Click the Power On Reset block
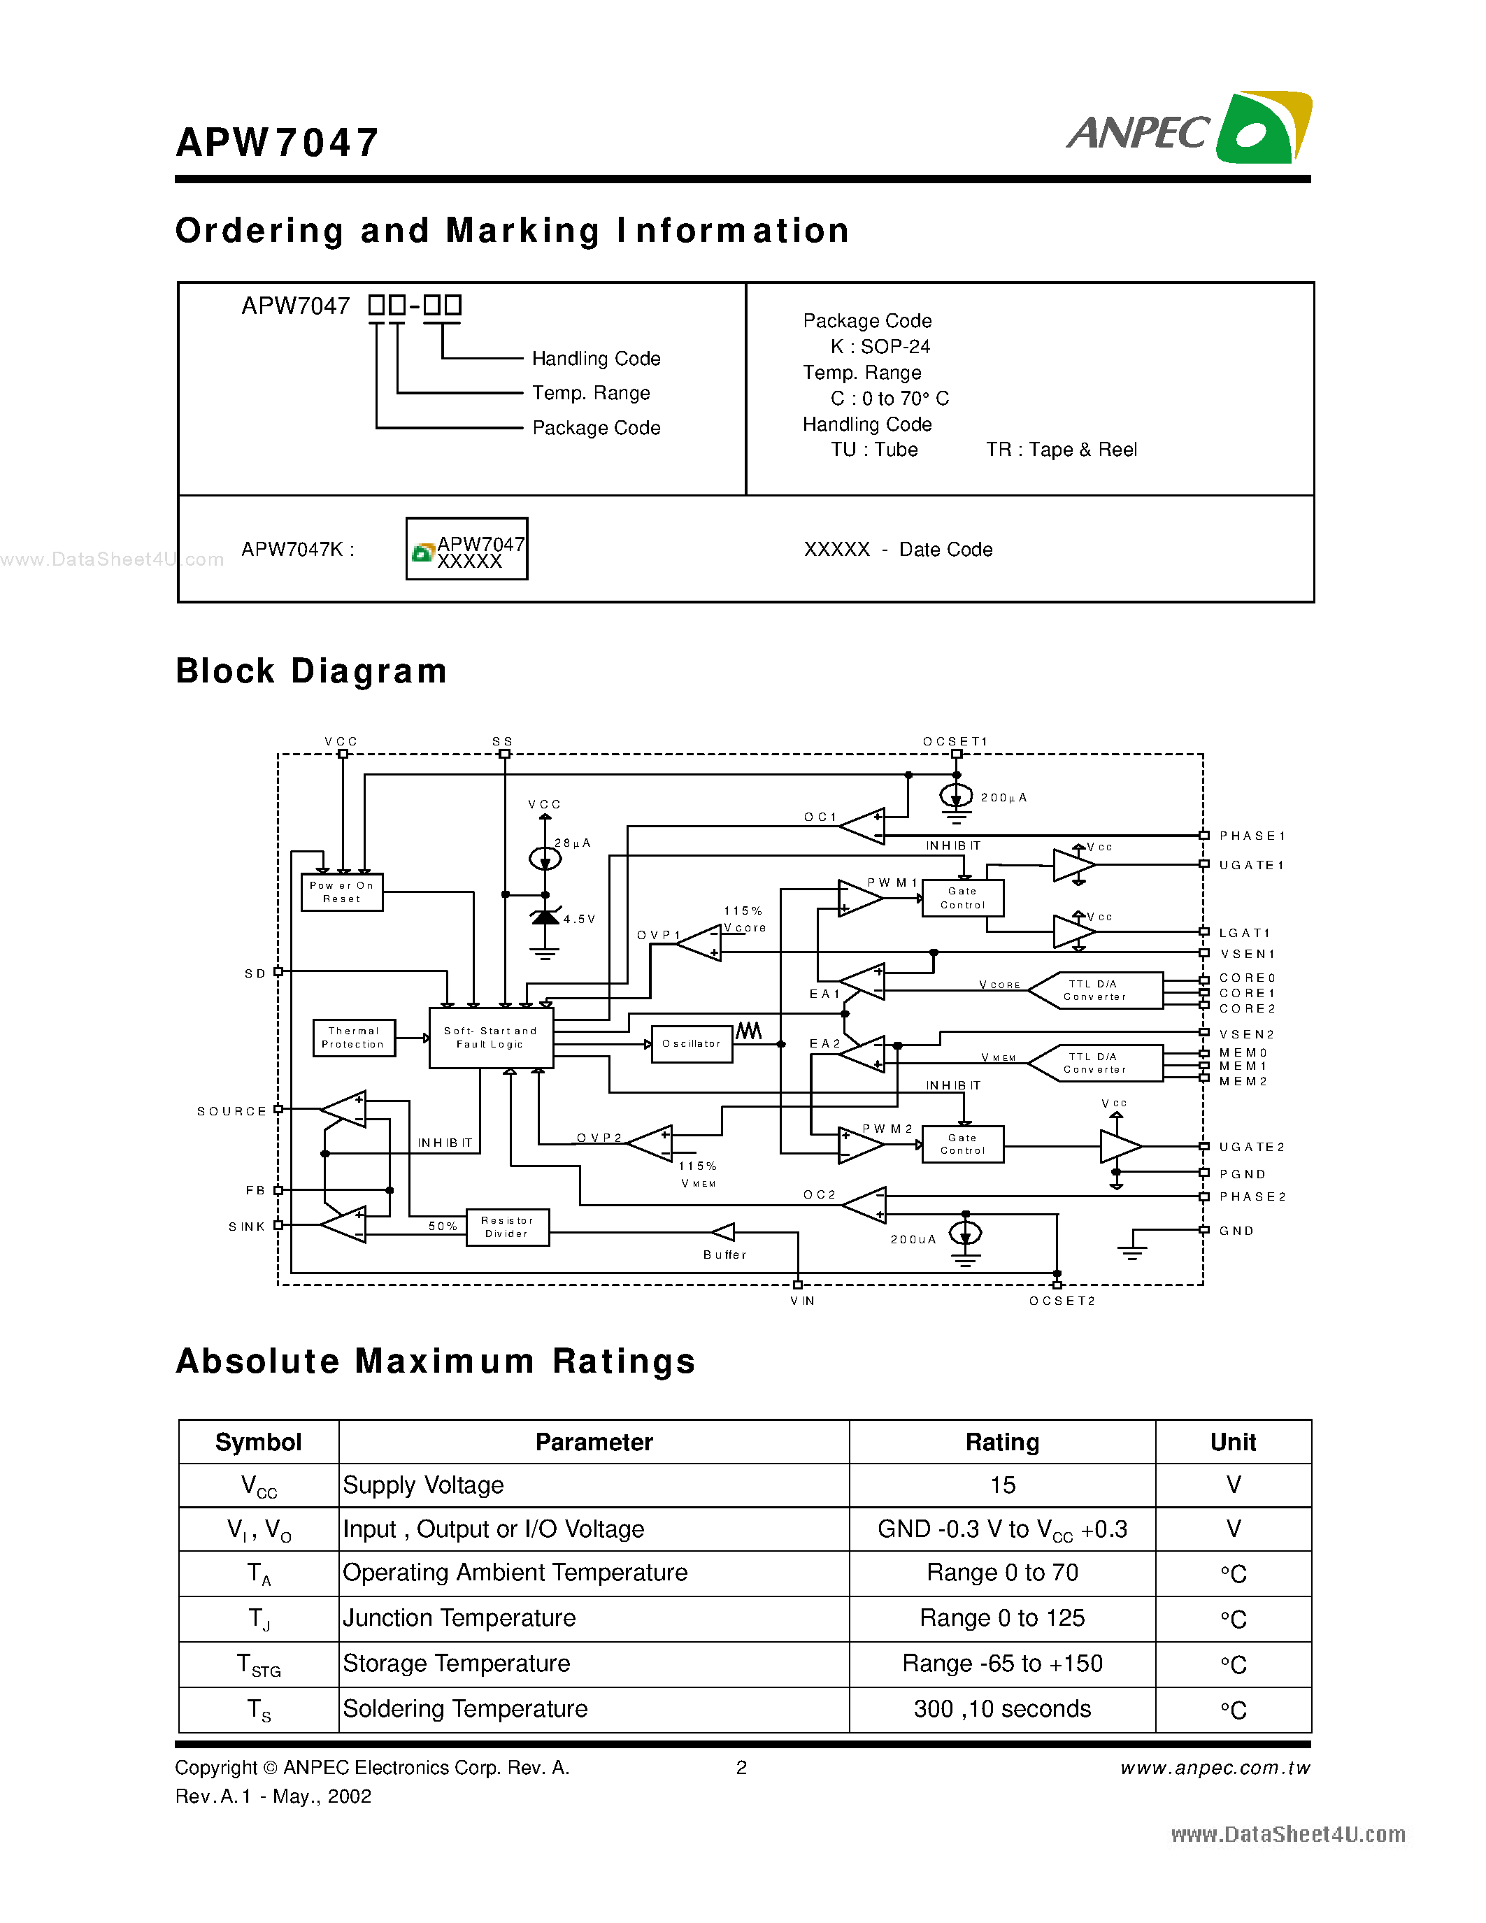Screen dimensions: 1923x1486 pos(341,892)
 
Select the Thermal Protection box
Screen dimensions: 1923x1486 pos(353,1037)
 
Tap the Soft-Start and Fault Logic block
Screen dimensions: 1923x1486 pos(490,1037)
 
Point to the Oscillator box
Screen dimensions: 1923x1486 pos(692,1043)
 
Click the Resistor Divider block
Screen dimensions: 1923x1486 pos(507,1227)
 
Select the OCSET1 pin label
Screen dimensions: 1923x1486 pos(955,741)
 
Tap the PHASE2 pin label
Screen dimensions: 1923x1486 pos(1252,1196)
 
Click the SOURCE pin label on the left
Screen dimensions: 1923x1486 pos(231,1111)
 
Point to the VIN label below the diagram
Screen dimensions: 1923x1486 pos(802,1301)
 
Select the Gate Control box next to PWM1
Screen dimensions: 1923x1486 pos(962,898)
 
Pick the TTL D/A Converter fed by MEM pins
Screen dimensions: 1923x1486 pos(1094,1063)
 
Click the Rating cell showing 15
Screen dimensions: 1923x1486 pos(1002,1485)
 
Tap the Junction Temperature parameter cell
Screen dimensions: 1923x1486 pos(459,1617)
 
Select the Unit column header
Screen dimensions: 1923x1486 pos(1232,1442)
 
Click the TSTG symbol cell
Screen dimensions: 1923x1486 pos(258,1664)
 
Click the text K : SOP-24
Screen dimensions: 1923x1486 pos(880,346)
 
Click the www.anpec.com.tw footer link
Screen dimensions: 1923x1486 pos(1215,1768)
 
